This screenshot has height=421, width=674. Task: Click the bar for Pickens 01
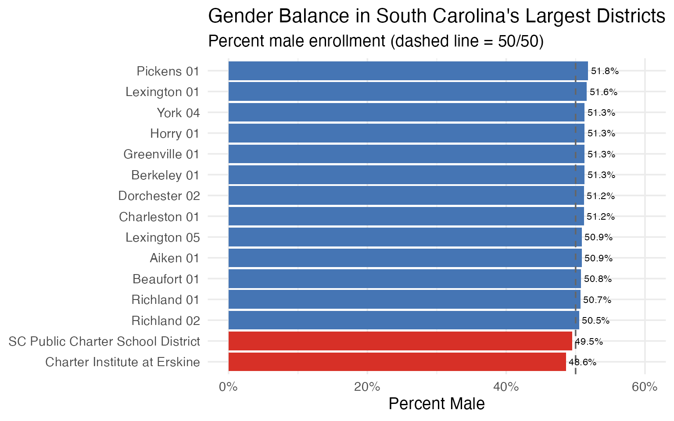[x=408, y=71]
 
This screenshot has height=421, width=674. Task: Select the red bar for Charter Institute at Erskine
[x=397, y=362]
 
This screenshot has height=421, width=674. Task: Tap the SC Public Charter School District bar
[x=400, y=341]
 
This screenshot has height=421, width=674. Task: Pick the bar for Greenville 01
[x=406, y=154]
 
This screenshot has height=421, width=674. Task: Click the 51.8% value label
[x=605, y=71]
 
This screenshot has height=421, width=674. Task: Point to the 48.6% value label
[x=582, y=362]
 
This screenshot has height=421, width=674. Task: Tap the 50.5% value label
[x=595, y=321]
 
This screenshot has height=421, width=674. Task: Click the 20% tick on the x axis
[x=367, y=387]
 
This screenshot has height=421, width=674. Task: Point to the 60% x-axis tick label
[x=644, y=387]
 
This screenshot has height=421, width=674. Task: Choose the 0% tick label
[x=228, y=387]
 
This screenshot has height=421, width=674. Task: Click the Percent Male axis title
[x=437, y=404]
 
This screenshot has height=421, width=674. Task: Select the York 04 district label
[x=178, y=113]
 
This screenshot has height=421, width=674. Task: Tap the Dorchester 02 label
[x=159, y=196]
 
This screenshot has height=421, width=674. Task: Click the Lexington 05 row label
[x=162, y=238]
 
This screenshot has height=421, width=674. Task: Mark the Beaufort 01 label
[x=166, y=279]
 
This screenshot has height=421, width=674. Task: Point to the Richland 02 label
[x=165, y=321]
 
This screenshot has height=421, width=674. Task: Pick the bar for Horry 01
[x=406, y=133]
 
